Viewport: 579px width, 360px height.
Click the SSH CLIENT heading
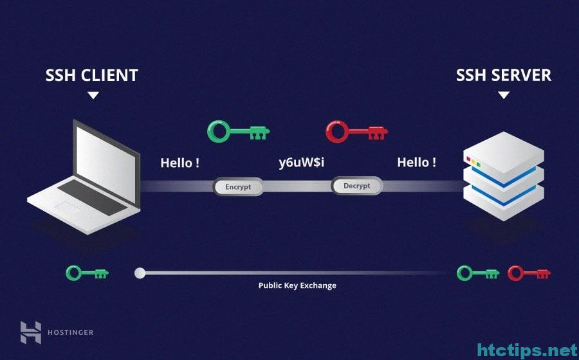point(92,75)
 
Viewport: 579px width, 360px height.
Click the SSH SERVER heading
point(504,75)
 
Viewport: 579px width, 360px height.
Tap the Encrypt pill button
point(238,186)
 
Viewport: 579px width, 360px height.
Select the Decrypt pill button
point(356,186)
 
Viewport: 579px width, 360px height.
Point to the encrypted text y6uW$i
point(301,162)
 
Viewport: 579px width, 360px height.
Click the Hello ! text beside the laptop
point(180,163)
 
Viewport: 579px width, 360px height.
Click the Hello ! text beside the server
point(416,162)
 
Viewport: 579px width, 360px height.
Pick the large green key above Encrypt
point(239,131)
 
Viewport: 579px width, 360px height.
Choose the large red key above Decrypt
point(356,131)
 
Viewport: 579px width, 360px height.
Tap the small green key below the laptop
point(87,273)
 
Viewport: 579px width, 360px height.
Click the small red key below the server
point(529,273)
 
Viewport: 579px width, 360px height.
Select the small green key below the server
point(478,273)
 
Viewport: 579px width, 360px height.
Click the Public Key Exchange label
point(297,285)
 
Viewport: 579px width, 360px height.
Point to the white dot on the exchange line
point(140,273)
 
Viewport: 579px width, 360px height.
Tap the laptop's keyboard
point(92,197)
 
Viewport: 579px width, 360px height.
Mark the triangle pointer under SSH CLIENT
point(93,96)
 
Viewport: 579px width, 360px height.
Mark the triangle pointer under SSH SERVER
point(504,96)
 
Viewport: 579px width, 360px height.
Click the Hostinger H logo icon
point(31,332)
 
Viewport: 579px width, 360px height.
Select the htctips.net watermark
point(528,350)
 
